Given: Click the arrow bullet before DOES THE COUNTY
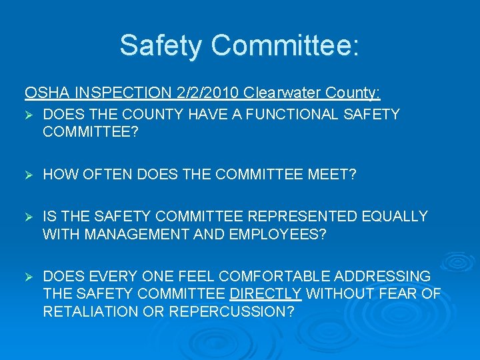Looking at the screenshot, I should (x=29, y=115).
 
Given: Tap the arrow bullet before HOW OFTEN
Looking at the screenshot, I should (x=29, y=175).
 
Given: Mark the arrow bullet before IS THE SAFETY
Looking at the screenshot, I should (x=29, y=217).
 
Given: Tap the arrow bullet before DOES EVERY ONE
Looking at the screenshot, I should (x=29, y=277).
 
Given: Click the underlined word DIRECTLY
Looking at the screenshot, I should (x=265, y=294).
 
